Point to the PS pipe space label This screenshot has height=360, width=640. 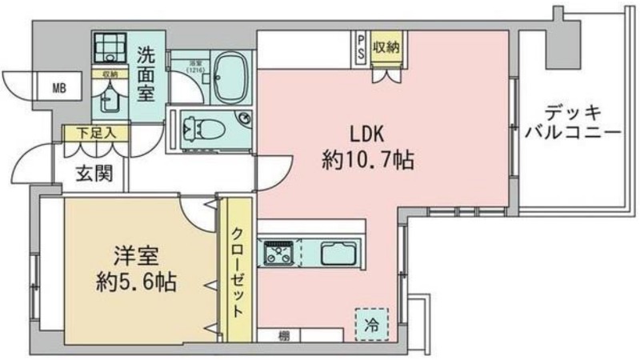pyautogui.click(x=360, y=46)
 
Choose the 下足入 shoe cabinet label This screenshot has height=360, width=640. pyautogui.click(x=93, y=133)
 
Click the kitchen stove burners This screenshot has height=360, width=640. pyautogui.click(x=280, y=253)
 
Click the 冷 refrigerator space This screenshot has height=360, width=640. pyautogui.click(x=370, y=325)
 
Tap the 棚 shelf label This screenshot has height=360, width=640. pyautogui.click(x=284, y=334)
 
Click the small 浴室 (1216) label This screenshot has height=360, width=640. pyautogui.click(x=195, y=66)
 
